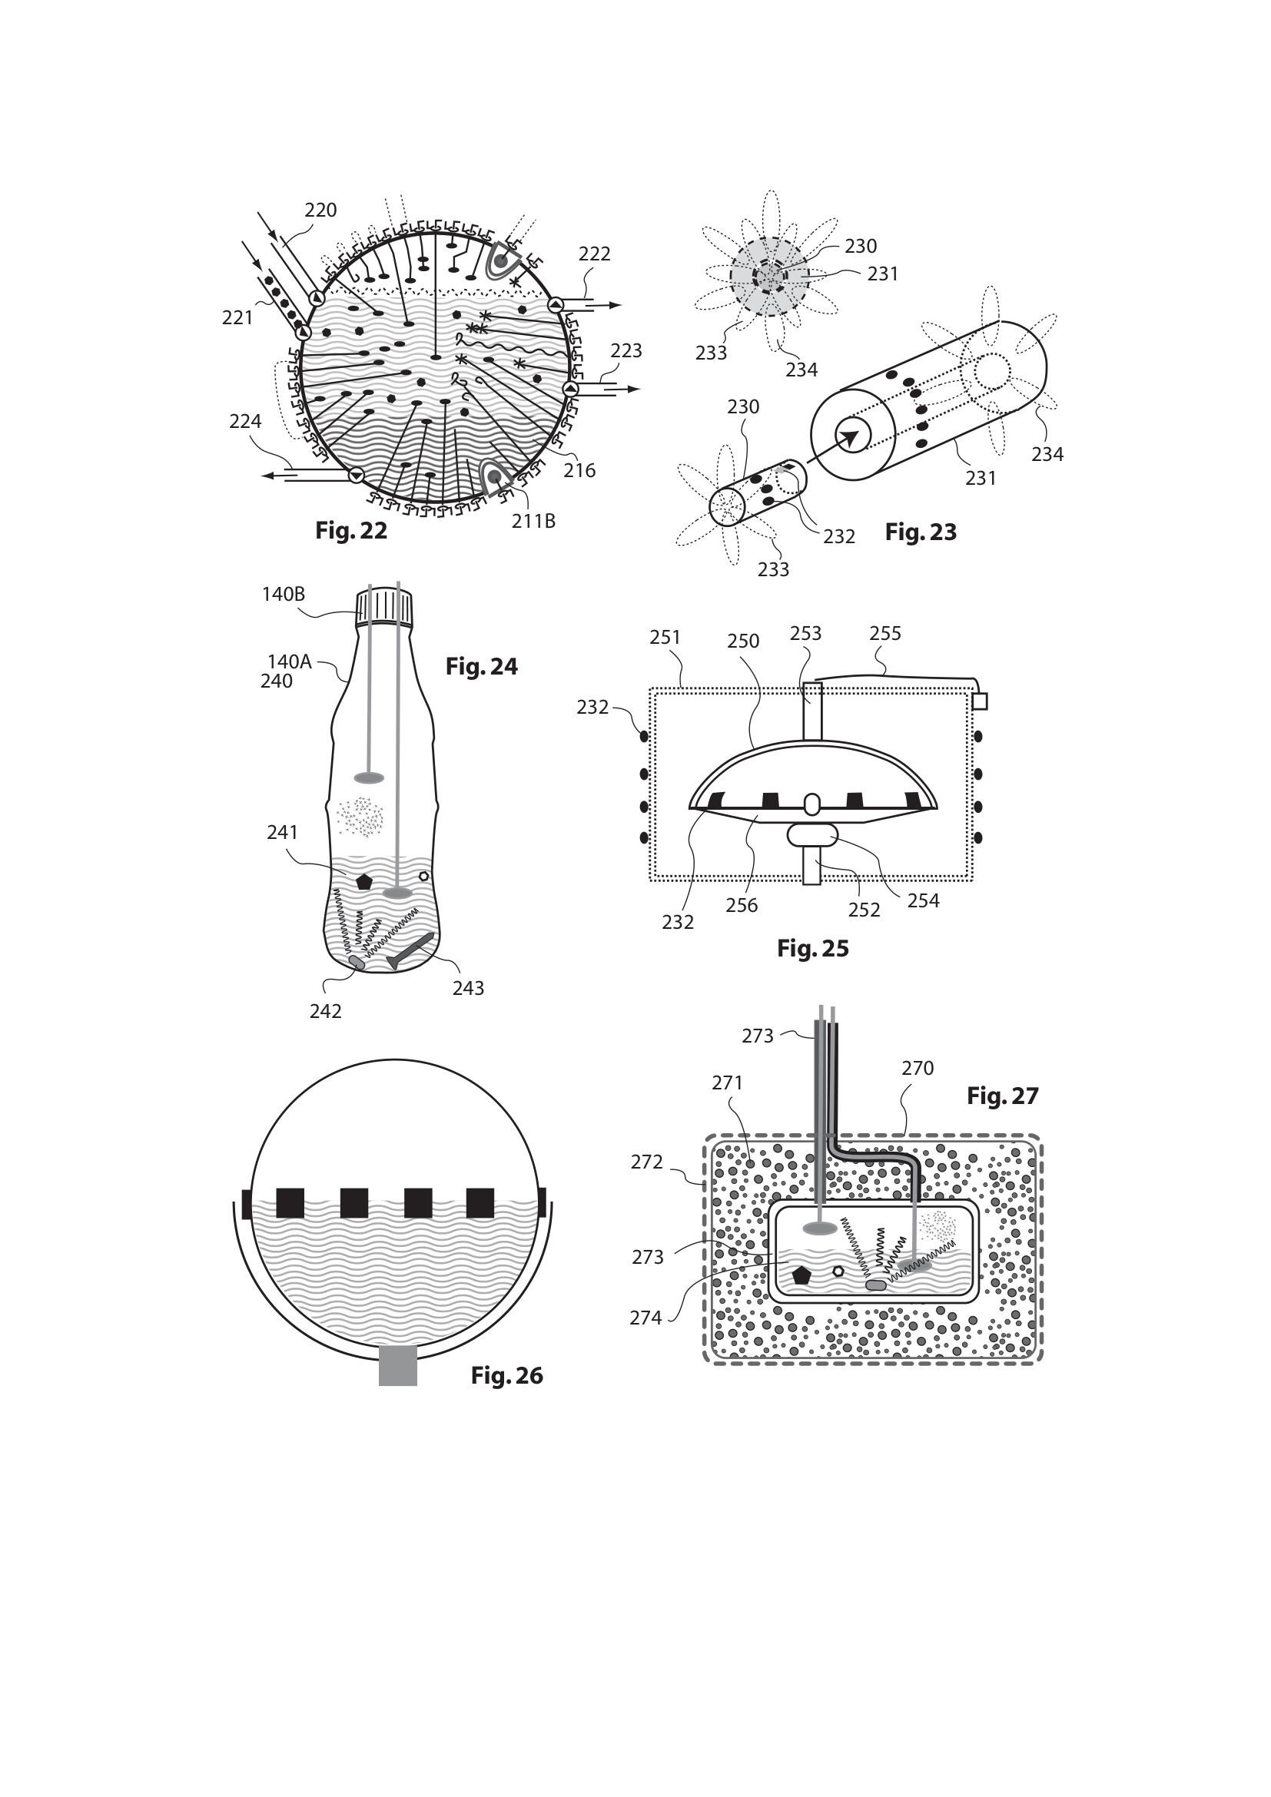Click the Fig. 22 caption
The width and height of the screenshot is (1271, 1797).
pyautogui.click(x=350, y=531)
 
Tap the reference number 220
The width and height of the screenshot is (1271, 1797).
pyautogui.click(x=320, y=210)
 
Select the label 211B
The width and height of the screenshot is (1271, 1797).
pyautogui.click(x=534, y=520)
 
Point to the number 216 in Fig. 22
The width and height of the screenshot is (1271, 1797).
pyautogui.click(x=579, y=470)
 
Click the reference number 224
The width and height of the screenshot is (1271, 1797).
pyautogui.click(x=245, y=421)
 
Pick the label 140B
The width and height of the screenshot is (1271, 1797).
pyautogui.click(x=284, y=594)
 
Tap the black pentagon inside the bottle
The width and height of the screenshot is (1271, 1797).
pyautogui.click(x=363, y=881)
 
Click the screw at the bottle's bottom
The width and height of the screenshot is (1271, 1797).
pyautogui.click(x=411, y=950)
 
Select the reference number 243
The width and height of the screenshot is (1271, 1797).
pyautogui.click(x=468, y=989)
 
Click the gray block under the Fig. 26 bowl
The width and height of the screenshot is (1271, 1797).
pyautogui.click(x=397, y=1366)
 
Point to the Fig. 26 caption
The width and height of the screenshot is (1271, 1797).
pyautogui.click(x=506, y=1376)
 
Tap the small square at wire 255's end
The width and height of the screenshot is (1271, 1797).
pyautogui.click(x=979, y=701)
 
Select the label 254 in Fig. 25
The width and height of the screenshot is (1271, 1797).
pyautogui.click(x=923, y=901)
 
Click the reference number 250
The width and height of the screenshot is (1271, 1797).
pyautogui.click(x=743, y=641)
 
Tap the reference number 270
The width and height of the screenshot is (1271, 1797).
pyautogui.click(x=918, y=1068)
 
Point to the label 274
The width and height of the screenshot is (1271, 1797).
pyautogui.click(x=645, y=1318)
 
